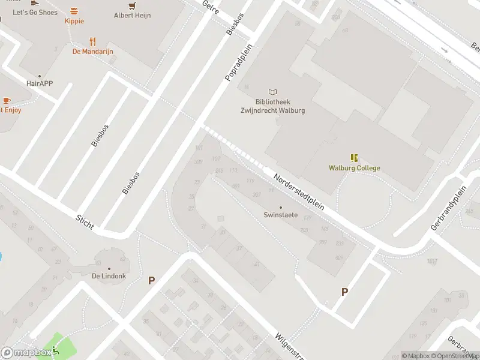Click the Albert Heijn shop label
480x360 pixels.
(x=132, y=16)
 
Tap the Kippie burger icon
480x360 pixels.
(x=74, y=11)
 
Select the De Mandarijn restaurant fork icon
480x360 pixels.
(x=92, y=41)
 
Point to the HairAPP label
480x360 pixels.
(x=40, y=83)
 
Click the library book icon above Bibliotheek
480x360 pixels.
(x=273, y=92)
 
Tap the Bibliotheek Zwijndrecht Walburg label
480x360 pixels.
(x=273, y=107)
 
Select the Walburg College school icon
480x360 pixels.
(x=354, y=158)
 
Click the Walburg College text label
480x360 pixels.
(x=354, y=168)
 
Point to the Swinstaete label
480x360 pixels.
(x=281, y=215)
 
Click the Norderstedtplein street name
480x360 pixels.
(x=299, y=191)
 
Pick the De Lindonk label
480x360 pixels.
(x=109, y=277)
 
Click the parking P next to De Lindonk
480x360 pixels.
(x=151, y=280)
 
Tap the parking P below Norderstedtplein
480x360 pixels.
(x=344, y=292)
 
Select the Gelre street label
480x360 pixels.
(x=211, y=8)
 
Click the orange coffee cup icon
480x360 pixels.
(x=7, y=100)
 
